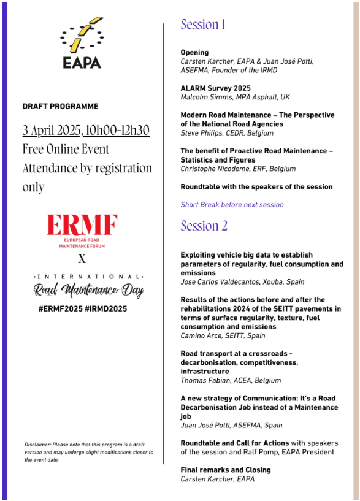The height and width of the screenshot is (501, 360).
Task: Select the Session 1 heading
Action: coord(203,25)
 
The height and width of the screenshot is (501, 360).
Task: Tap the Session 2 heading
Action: coord(204,226)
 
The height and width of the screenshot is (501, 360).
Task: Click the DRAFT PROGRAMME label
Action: coord(60,107)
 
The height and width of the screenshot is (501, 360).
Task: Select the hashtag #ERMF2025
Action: coord(59,309)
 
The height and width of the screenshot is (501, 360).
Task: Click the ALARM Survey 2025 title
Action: coord(215,88)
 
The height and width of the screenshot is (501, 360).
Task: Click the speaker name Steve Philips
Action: coord(201,132)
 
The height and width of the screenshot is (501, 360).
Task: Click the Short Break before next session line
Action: coord(232,205)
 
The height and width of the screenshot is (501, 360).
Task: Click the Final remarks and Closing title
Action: coord(225,470)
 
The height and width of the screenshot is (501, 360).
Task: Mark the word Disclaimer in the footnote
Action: coord(38,445)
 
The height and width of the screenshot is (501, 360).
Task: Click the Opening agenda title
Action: coord(194,52)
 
